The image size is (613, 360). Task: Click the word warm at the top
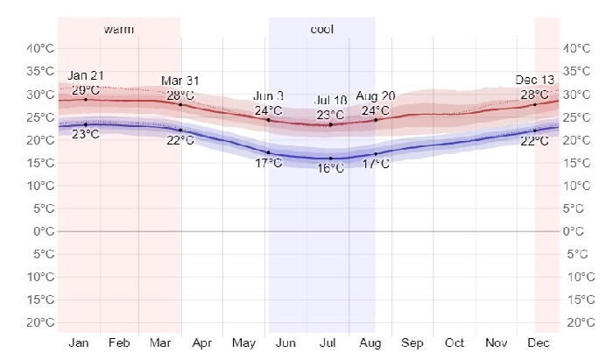point(118,30)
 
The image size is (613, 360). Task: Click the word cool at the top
point(321,30)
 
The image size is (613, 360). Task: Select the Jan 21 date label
point(85,77)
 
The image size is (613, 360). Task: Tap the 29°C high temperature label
point(85,89)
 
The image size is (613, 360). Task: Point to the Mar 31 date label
point(180,81)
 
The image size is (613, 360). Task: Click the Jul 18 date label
point(330,102)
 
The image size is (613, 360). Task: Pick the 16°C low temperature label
point(330,169)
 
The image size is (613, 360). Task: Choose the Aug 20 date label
point(376,96)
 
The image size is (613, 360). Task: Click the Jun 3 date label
point(268,96)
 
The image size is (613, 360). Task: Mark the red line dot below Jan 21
point(85,100)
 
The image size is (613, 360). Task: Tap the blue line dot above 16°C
point(330,159)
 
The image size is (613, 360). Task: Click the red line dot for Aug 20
point(376,120)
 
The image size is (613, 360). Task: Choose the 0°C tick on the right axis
point(574,231)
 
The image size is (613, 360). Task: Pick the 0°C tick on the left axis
point(39,231)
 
